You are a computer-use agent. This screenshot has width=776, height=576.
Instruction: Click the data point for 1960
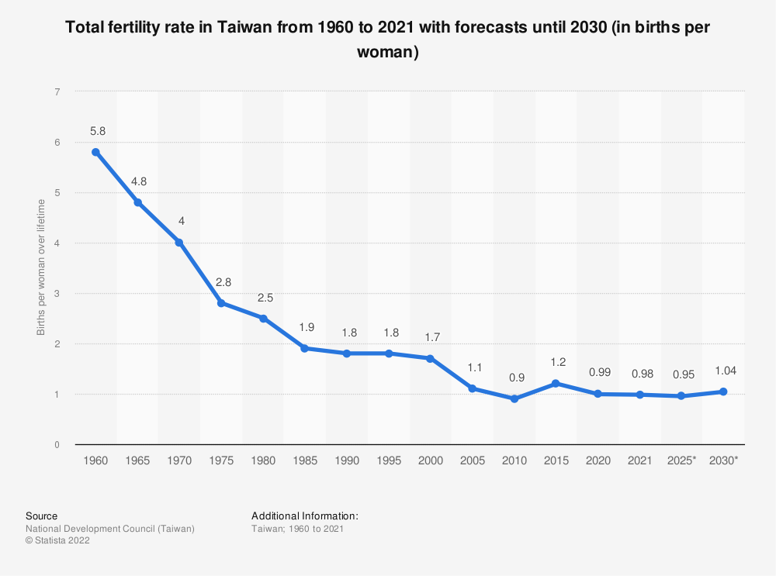point(95,152)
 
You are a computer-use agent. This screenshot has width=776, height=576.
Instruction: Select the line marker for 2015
point(556,384)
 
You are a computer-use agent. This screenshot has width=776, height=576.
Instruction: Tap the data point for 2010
point(514,398)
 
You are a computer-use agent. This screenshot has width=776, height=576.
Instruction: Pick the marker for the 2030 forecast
point(723,391)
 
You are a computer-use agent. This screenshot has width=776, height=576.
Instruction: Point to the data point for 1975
point(221,303)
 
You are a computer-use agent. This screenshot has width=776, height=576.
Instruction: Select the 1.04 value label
point(723,371)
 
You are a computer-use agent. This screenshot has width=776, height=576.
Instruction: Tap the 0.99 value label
point(598,373)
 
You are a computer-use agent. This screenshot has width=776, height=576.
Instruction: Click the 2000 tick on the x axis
point(430,460)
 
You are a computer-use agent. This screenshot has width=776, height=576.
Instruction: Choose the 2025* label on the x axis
point(681,460)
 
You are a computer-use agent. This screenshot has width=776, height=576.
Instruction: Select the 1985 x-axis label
point(305,460)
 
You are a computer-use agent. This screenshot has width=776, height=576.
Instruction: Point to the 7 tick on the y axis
point(57,91)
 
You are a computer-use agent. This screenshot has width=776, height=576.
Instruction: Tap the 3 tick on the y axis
point(57,293)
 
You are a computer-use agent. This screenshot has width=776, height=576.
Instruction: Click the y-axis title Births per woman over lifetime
point(41,267)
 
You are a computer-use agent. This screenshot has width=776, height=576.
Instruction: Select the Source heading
point(41,516)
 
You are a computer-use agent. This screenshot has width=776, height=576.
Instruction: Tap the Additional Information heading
point(305,516)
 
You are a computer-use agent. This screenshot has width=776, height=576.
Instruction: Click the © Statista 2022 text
point(58,541)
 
